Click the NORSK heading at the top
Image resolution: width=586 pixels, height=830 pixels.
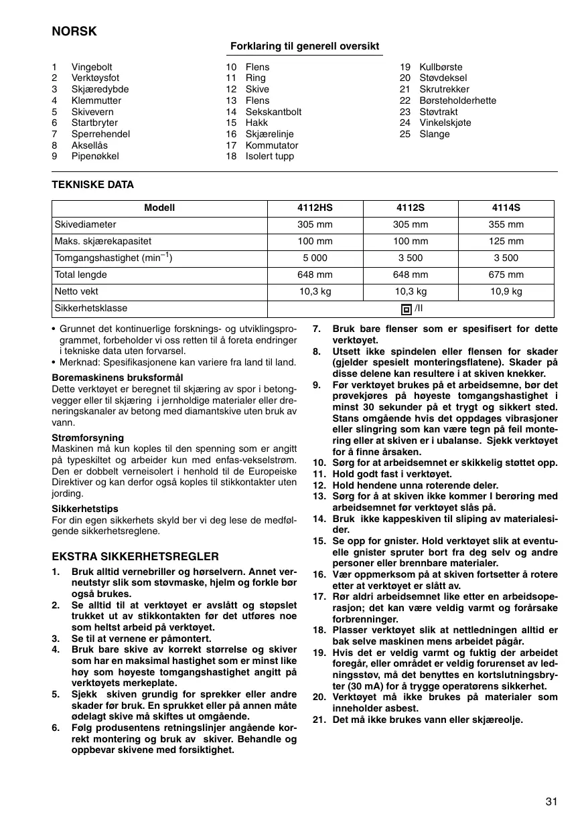(x=74, y=31)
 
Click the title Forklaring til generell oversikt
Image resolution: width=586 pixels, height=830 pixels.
(x=305, y=46)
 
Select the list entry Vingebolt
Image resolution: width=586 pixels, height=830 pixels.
(x=92, y=67)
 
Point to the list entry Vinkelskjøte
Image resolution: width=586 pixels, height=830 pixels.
(x=445, y=123)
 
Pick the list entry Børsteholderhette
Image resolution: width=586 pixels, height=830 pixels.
(x=457, y=100)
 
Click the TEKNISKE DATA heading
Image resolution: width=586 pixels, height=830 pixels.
(x=93, y=185)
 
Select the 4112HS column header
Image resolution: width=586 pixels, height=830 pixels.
(x=315, y=207)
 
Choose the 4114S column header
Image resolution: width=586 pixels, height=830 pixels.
(x=506, y=207)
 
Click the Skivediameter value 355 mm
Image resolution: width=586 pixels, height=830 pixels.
(x=506, y=225)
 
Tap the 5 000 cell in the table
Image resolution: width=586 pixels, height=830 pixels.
(x=315, y=258)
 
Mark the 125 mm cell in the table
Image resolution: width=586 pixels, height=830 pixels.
(x=506, y=242)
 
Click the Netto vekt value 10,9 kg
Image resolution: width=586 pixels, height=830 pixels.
(x=506, y=292)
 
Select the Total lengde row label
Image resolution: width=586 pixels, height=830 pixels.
(x=81, y=275)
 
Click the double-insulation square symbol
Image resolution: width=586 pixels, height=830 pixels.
(x=405, y=309)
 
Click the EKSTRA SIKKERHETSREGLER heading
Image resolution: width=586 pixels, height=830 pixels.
(x=135, y=556)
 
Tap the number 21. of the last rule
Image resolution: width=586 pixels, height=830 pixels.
(x=319, y=720)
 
